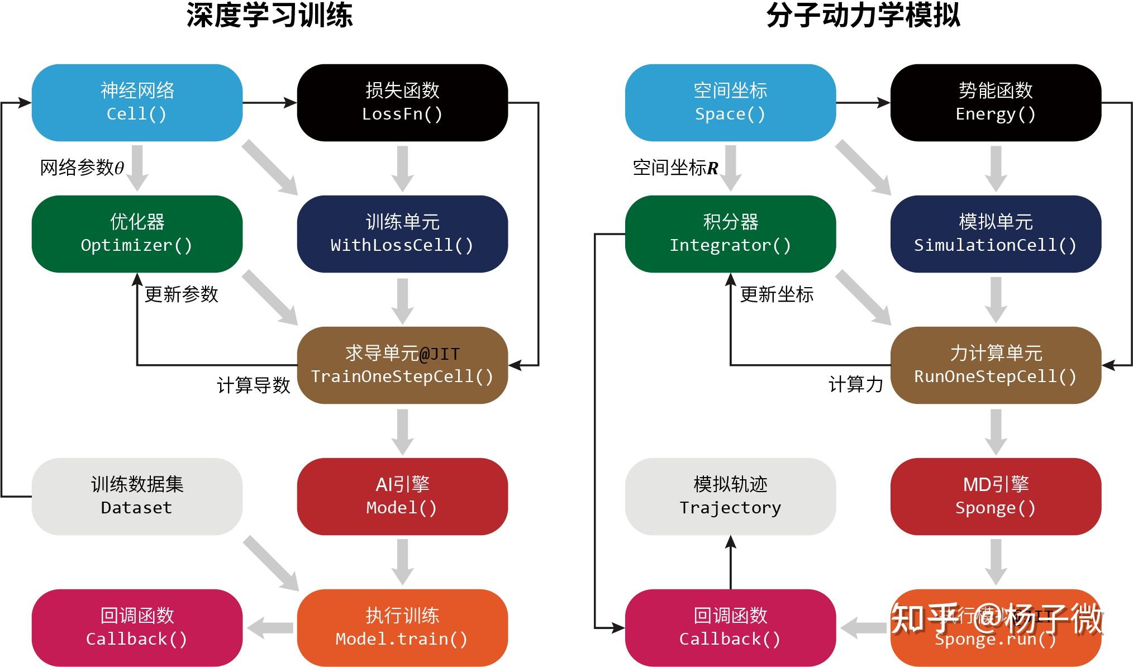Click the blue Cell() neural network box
coord(137,102)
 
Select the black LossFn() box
coord(402,102)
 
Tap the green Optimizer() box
coord(137,234)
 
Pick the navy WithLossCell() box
coord(402,234)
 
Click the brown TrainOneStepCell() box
coord(402,365)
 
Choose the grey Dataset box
coord(137,496)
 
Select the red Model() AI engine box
coord(402,496)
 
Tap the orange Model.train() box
coord(402,627)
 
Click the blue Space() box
coord(730,102)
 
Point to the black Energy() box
coord(995,102)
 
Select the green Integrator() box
coord(730,234)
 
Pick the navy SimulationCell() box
coord(995,234)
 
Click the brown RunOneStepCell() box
coord(995,365)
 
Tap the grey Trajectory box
coord(730,496)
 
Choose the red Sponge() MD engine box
coord(995,496)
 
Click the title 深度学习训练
coord(269,16)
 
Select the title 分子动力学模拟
coord(863,16)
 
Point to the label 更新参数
coord(181,294)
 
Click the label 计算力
coord(855,384)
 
